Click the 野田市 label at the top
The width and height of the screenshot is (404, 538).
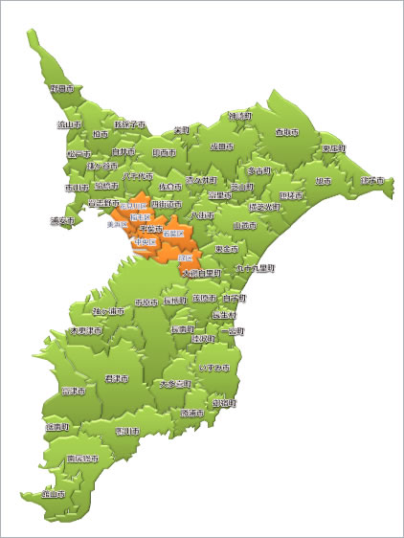click(x=62, y=88)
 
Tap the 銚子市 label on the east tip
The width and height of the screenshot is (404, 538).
click(x=372, y=180)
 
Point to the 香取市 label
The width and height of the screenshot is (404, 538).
click(x=286, y=132)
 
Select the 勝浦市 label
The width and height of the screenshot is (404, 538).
click(x=196, y=414)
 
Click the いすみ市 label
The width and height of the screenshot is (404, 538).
click(x=214, y=368)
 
